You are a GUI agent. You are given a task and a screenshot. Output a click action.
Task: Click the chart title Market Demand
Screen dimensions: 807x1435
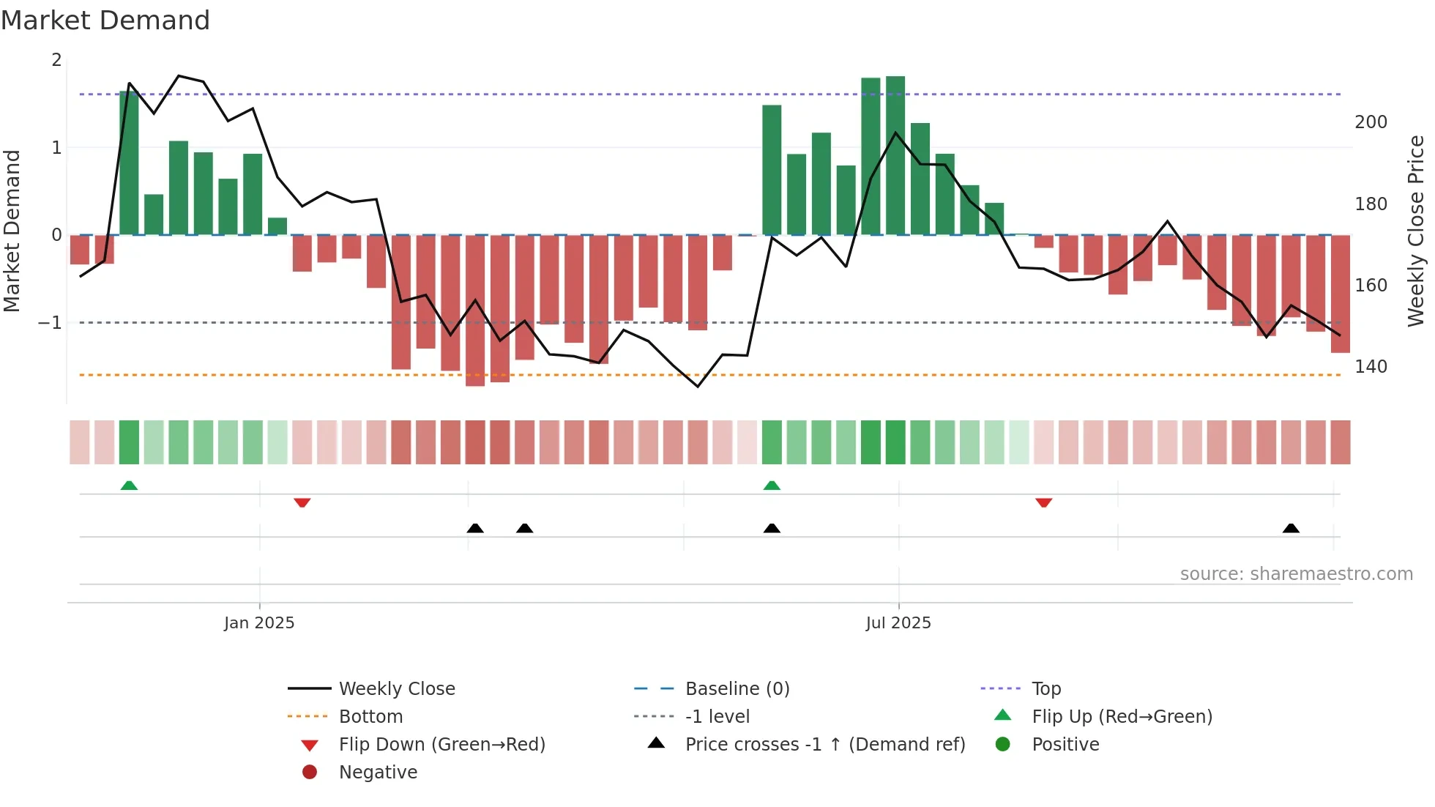pyautogui.click(x=105, y=21)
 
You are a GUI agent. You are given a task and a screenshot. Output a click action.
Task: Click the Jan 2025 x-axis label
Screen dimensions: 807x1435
pyautogui.click(x=259, y=623)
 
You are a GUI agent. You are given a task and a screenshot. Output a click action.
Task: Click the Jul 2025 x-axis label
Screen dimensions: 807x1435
pyautogui.click(x=898, y=623)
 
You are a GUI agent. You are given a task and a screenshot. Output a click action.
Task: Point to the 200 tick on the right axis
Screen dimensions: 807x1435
pyautogui.click(x=1371, y=122)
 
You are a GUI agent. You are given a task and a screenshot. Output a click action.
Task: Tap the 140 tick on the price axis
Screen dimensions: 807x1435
pyautogui.click(x=1371, y=367)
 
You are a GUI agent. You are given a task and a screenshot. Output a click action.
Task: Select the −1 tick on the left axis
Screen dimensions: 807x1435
pyautogui.click(x=50, y=323)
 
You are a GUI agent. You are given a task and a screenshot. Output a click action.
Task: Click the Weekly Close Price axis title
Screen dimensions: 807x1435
pyautogui.click(x=1416, y=231)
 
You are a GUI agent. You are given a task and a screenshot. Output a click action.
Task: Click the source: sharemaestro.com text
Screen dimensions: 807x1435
pyautogui.click(x=1296, y=574)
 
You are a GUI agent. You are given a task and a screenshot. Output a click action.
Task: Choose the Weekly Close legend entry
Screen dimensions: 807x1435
pyautogui.click(x=396, y=689)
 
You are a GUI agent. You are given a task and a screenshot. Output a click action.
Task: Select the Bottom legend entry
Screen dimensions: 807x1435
pyautogui.click(x=370, y=717)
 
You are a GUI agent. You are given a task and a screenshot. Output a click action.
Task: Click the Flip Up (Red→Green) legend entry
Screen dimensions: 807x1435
pyautogui.click(x=1122, y=717)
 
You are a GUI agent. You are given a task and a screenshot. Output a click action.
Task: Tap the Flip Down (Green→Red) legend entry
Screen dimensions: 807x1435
pyautogui.click(x=441, y=745)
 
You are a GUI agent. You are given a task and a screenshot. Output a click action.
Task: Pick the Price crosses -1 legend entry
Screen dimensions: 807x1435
pyautogui.click(x=824, y=745)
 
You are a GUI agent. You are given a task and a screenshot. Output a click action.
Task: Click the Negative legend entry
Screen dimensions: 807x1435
pyautogui.click(x=378, y=773)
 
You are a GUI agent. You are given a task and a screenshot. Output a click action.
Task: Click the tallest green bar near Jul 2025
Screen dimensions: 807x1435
pyautogui.click(x=895, y=155)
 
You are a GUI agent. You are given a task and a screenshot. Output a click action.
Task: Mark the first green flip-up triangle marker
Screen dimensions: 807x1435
pyautogui.click(x=129, y=486)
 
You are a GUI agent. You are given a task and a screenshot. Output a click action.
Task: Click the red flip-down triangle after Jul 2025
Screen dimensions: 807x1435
pyautogui.click(x=1044, y=502)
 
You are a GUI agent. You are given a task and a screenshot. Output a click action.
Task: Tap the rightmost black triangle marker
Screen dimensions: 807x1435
pyautogui.click(x=1291, y=528)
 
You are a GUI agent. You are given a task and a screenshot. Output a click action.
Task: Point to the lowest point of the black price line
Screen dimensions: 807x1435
pyautogui.click(x=698, y=387)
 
